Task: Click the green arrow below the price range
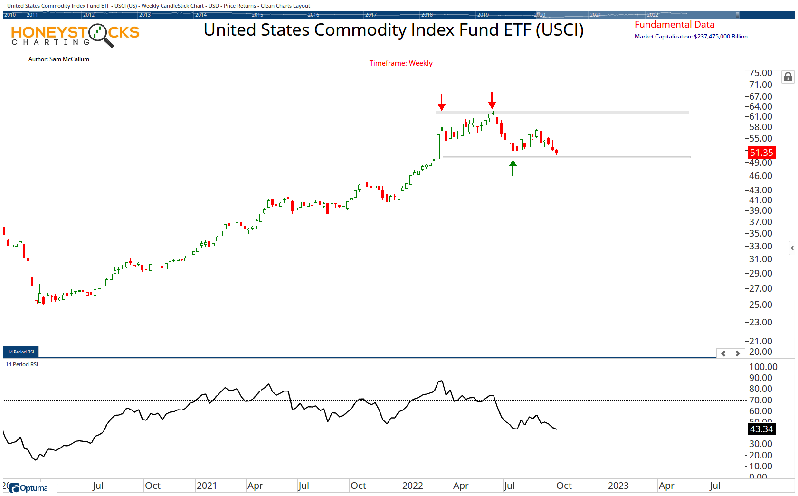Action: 513,168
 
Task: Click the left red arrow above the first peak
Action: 442,102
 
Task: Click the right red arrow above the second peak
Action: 492,100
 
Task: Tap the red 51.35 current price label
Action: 761,153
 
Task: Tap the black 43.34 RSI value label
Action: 761,429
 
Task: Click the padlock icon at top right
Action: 788,77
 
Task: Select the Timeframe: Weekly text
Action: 401,63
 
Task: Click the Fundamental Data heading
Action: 674,25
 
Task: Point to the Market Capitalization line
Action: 691,37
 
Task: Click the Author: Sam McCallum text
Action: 59,59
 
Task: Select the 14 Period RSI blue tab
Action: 21,352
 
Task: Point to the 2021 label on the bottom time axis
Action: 207,486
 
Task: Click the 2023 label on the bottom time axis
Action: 618,486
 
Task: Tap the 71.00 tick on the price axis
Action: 760,85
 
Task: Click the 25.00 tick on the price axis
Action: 760,305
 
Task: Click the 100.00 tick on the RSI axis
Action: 763,367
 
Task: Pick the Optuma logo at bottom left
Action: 29,488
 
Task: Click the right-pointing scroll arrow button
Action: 737,353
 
